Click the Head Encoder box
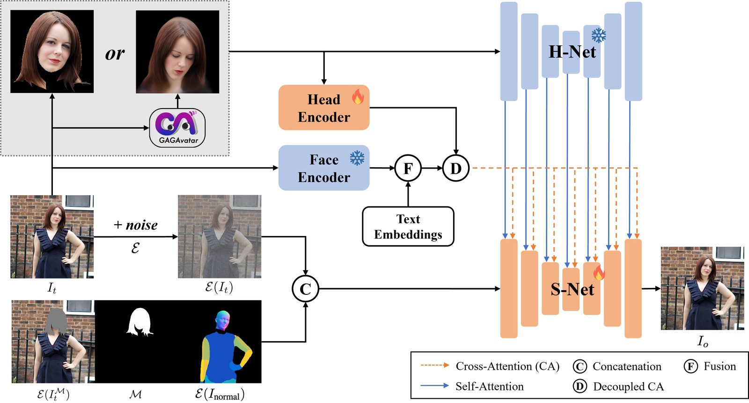[323, 108]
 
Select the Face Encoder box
[323, 168]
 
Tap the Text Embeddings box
[408, 227]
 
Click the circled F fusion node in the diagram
[408, 168]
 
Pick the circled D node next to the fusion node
[455, 168]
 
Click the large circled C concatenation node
[305, 289]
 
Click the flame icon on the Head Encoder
[358, 96]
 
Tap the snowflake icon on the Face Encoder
[357, 158]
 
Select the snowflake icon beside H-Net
[598, 35]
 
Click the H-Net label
[572, 51]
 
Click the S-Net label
[572, 289]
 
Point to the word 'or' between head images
[115, 53]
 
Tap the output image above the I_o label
[702, 288]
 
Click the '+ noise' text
[136, 225]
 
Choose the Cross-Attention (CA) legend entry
[507, 366]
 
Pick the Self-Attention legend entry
[489, 386]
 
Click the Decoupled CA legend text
[628, 387]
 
